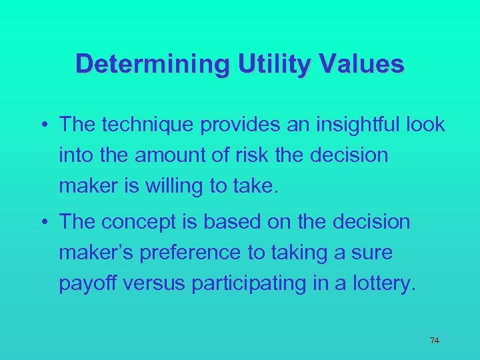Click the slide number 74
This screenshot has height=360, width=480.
click(435, 341)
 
